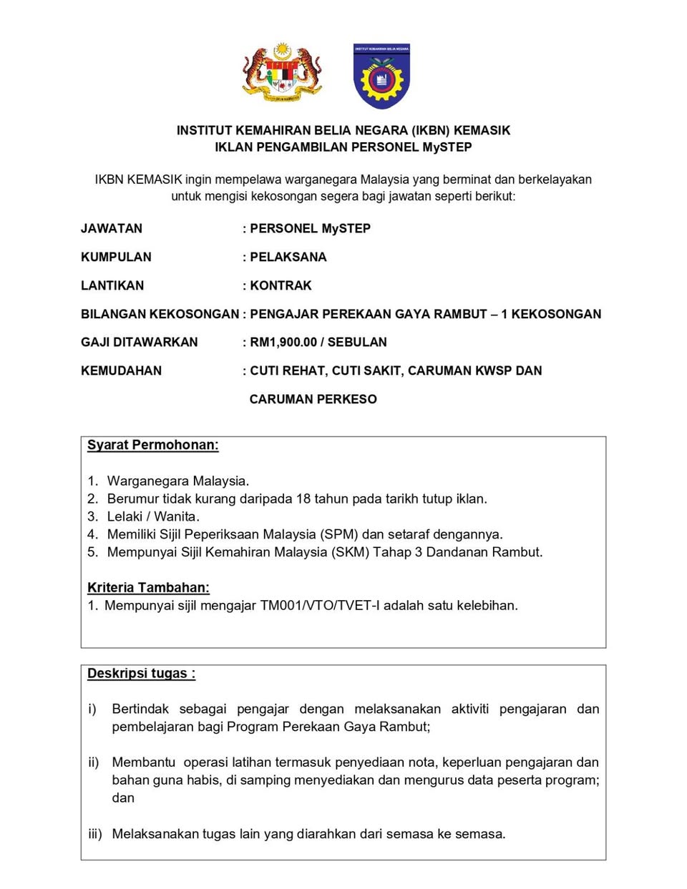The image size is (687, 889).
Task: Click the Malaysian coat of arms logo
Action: (282, 73)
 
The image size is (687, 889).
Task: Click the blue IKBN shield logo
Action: (381, 76)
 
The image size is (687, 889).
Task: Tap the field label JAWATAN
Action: (112, 229)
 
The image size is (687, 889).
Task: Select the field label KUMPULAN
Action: (116, 257)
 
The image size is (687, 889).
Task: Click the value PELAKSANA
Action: (288, 257)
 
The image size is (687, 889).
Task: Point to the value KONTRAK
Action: (281, 286)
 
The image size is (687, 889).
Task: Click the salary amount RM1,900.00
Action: (283, 343)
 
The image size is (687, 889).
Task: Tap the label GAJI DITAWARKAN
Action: (139, 343)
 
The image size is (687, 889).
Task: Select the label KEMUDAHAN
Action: (121, 371)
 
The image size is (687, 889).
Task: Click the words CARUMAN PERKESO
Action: (313, 400)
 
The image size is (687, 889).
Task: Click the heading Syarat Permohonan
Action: (152, 446)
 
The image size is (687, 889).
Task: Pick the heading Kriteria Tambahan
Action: (148, 588)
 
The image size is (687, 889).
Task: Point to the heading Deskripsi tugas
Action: (141, 674)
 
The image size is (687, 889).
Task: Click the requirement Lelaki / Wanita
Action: (153, 516)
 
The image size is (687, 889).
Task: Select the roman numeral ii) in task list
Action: (94, 762)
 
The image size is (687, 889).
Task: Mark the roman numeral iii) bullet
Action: (95, 834)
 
